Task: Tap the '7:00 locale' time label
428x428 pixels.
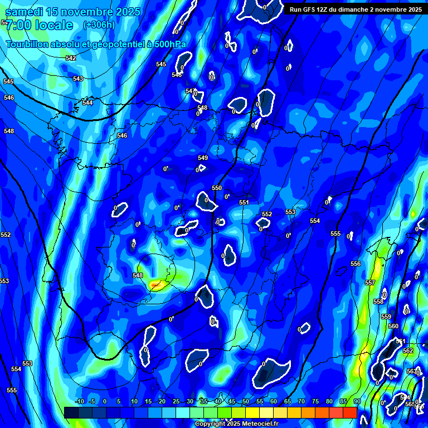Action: [x=39, y=25]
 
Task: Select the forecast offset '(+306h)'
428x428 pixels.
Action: [x=99, y=25]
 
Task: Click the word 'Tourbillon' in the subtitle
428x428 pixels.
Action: [x=28, y=45]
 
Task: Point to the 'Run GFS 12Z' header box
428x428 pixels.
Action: [x=355, y=9]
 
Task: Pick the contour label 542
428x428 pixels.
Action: [x=71, y=59]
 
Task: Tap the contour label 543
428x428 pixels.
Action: [x=78, y=79]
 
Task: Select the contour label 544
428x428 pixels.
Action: [x=87, y=103]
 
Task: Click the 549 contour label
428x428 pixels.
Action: [x=203, y=158]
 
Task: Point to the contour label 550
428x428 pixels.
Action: [x=217, y=188]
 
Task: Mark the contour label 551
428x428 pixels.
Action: [x=244, y=203]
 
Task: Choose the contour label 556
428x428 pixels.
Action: [x=356, y=264]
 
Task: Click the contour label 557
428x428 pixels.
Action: [x=370, y=283]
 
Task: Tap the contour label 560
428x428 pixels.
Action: [x=393, y=327]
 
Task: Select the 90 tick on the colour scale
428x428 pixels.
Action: [x=357, y=402]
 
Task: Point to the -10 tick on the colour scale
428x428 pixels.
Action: [x=80, y=402]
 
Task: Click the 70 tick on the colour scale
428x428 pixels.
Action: [x=301, y=402]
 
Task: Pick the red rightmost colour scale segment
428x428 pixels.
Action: [x=349, y=412]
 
